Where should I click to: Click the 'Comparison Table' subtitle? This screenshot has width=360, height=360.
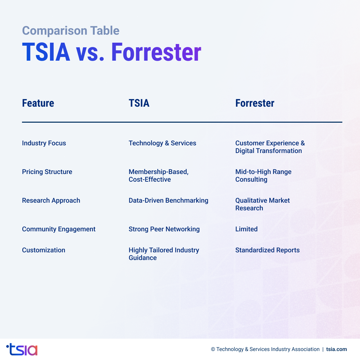pyautogui.click(x=71, y=31)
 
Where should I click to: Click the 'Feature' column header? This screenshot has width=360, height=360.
pyautogui.click(x=38, y=103)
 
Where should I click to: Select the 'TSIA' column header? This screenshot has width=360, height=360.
pyautogui.click(x=139, y=103)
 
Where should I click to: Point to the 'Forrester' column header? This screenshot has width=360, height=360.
pyautogui.click(x=255, y=103)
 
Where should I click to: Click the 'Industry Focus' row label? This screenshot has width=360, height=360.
pyautogui.click(x=44, y=143)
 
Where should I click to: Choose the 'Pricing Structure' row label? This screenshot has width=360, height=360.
pyautogui.click(x=47, y=172)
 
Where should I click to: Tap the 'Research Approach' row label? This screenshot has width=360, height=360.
pyautogui.click(x=51, y=201)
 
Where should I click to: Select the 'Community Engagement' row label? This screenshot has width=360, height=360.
pyautogui.click(x=59, y=229)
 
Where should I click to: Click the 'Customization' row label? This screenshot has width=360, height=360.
pyautogui.click(x=44, y=250)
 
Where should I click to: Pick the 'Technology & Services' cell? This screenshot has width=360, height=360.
pyautogui.click(x=162, y=143)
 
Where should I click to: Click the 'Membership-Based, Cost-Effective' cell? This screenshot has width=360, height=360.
pyautogui.click(x=158, y=176)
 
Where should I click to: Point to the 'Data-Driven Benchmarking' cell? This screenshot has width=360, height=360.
pyautogui.click(x=168, y=201)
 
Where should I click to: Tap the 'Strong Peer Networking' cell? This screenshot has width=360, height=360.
pyautogui.click(x=164, y=229)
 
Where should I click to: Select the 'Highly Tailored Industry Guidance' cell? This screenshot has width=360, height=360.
pyautogui.click(x=164, y=254)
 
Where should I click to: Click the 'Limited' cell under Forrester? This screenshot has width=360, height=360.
pyautogui.click(x=246, y=229)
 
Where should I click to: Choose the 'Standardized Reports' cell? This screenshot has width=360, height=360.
pyautogui.click(x=267, y=250)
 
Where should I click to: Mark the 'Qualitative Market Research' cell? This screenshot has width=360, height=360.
pyautogui.click(x=262, y=204)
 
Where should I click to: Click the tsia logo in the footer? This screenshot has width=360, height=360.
pyautogui.click(x=22, y=349)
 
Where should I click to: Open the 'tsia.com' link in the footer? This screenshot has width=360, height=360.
pyautogui.click(x=337, y=349)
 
